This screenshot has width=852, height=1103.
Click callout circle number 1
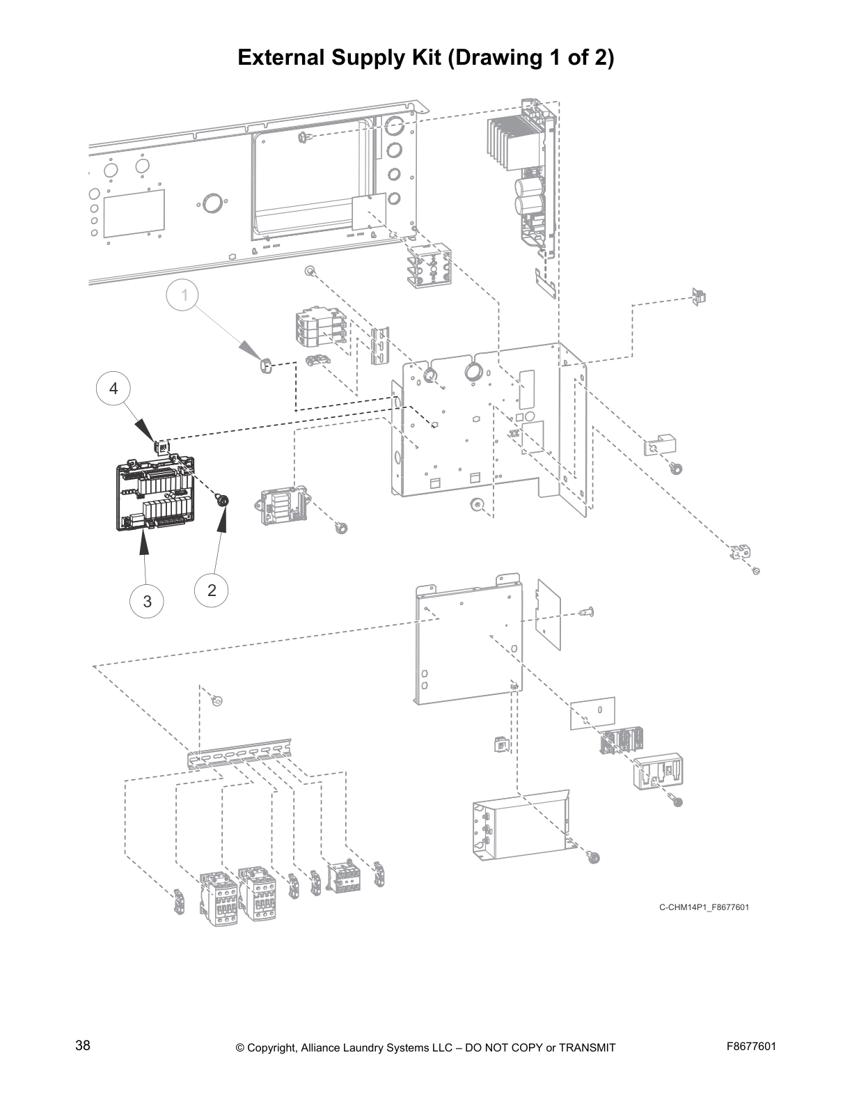click(184, 295)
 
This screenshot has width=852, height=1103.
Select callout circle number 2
click(212, 590)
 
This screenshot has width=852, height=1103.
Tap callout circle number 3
click(147, 600)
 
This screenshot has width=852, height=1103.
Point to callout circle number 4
click(113, 389)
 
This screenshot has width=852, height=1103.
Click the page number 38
click(82, 1046)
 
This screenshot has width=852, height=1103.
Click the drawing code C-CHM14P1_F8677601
click(704, 907)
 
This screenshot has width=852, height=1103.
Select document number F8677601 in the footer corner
click(750, 1046)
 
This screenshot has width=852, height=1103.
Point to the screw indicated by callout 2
click(223, 500)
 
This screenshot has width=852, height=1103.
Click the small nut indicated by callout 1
click(264, 365)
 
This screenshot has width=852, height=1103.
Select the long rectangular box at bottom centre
click(522, 822)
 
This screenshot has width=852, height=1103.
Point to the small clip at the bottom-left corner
click(178, 902)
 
